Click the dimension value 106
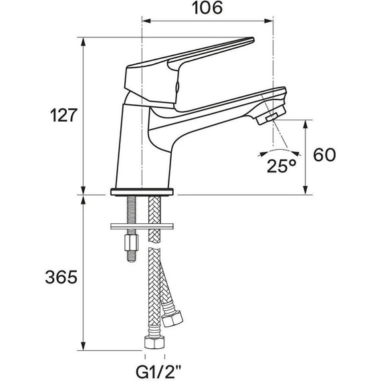pos(208,9)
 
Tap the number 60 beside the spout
pos(324,155)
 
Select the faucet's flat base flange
pos(142,192)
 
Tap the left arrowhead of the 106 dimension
pos(146,22)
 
